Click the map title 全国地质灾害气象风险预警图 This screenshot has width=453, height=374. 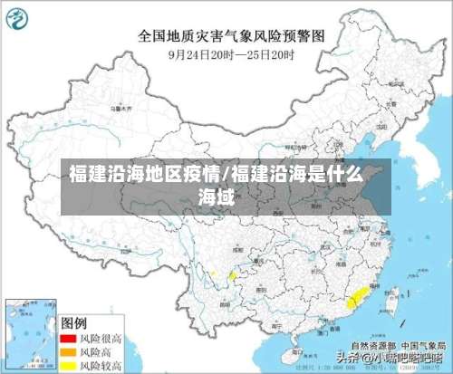point(231,35)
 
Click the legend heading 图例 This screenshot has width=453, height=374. point(74,321)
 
